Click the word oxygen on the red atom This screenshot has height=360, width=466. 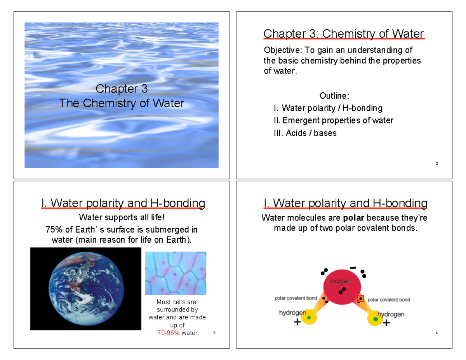click(x=341, y=280)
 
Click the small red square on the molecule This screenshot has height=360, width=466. click(x=360, y=299)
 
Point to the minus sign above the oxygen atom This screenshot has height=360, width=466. click(x=353, y=268)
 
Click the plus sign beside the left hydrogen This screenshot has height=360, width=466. click(x=297, y=322)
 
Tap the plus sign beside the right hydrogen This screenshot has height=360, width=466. click(x=386, y=322)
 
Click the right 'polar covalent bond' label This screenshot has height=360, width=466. click(x=389, y=299)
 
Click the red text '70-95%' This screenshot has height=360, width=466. click(x=169, y=333)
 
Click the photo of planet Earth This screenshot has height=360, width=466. click(x=85, y=289)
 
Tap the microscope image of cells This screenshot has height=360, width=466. click(x=176, y=273)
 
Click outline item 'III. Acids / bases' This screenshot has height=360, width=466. click(x=305, y=133)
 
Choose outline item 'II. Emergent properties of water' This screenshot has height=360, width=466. click(x=333, y=120)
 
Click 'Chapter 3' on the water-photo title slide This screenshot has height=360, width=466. click(x=122, y=89)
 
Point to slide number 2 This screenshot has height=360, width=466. click(x=437, y=163)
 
